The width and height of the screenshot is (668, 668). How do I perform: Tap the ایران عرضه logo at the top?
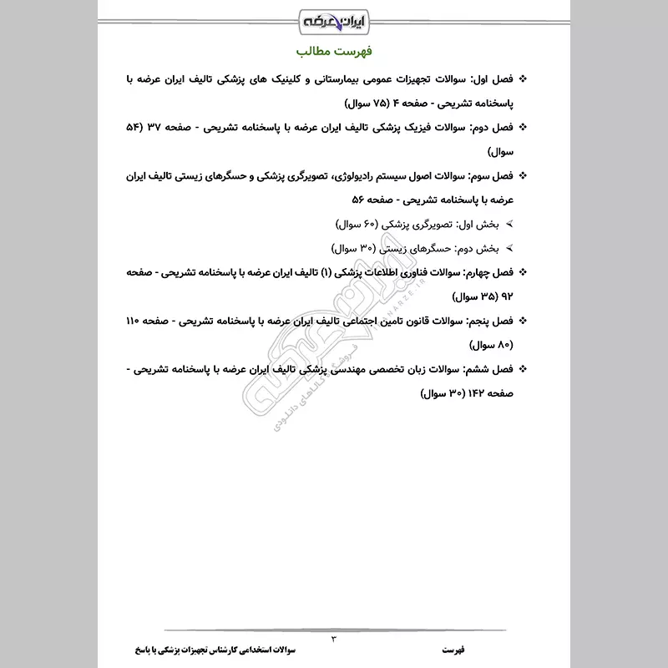(x=333, y=18)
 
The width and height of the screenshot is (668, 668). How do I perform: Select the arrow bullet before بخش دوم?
(x=509, y=249)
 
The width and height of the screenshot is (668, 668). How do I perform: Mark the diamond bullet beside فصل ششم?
(x=524, y=369)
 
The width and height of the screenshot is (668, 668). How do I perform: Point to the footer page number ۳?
(x=334, y=639)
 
